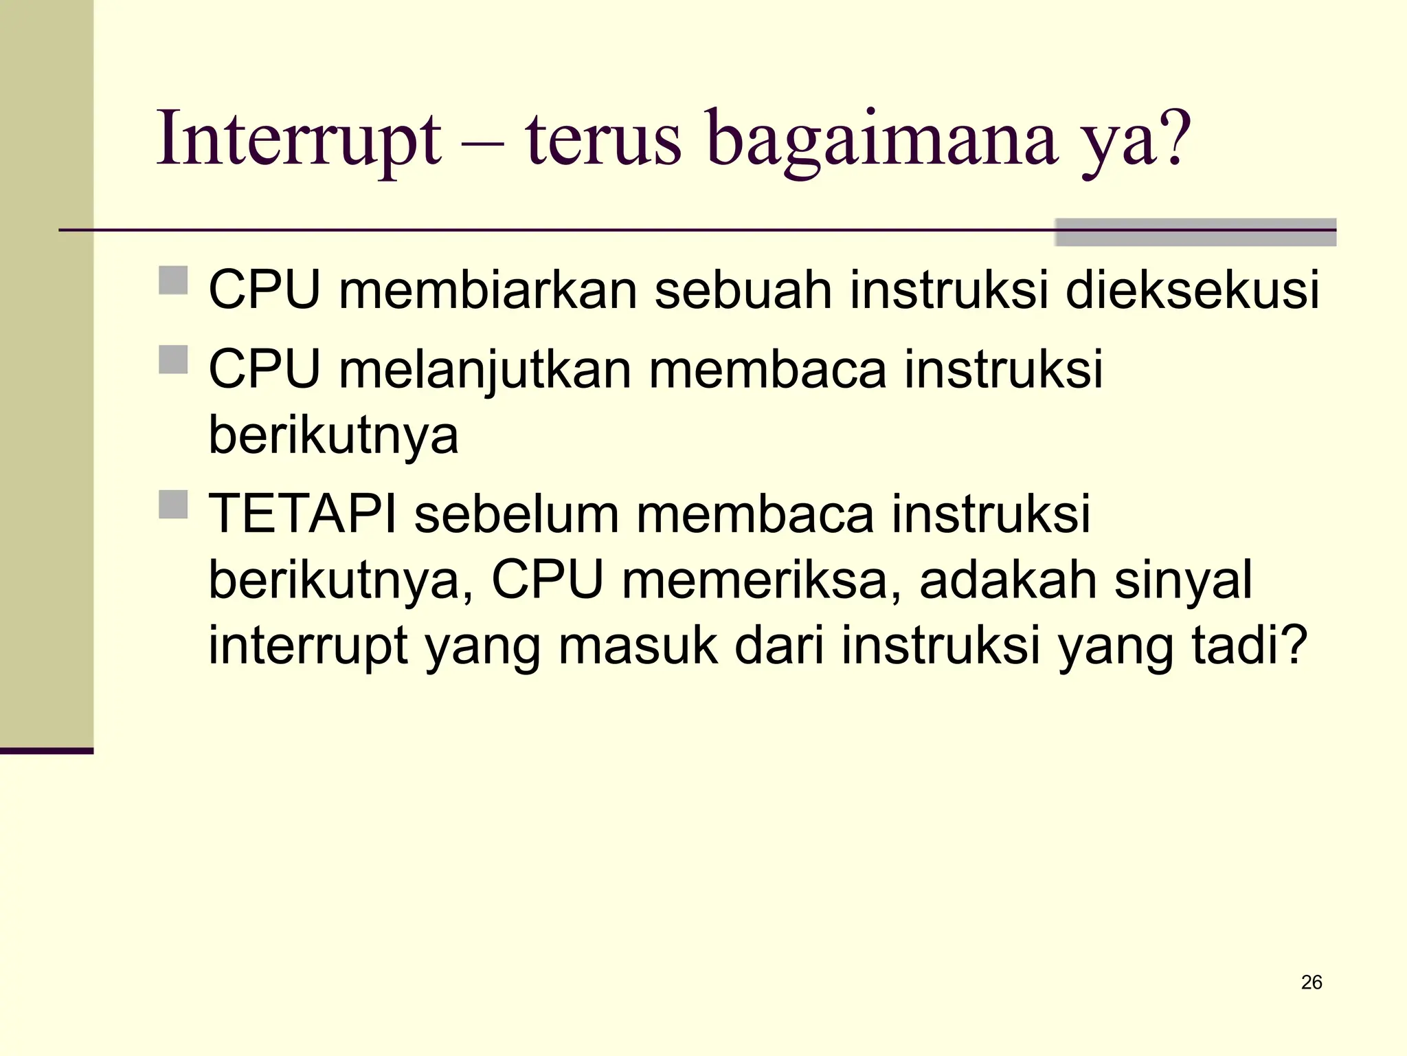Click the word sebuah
pyautogui.click(x=743, y=289)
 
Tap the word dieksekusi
pyautogui.click(x=1192, y=289)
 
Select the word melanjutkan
pyautogui.click(x=485, y=369)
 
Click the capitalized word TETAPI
pyautogui.click(x=302, y=514)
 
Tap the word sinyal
pyautogui.click(x=1183, y=580)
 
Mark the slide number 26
pyautogui.click(x=1312, y=982)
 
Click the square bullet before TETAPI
pyautogui.click(x=173, y=505)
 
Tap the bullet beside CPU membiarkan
pyautogui.click(x=173, y=280)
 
